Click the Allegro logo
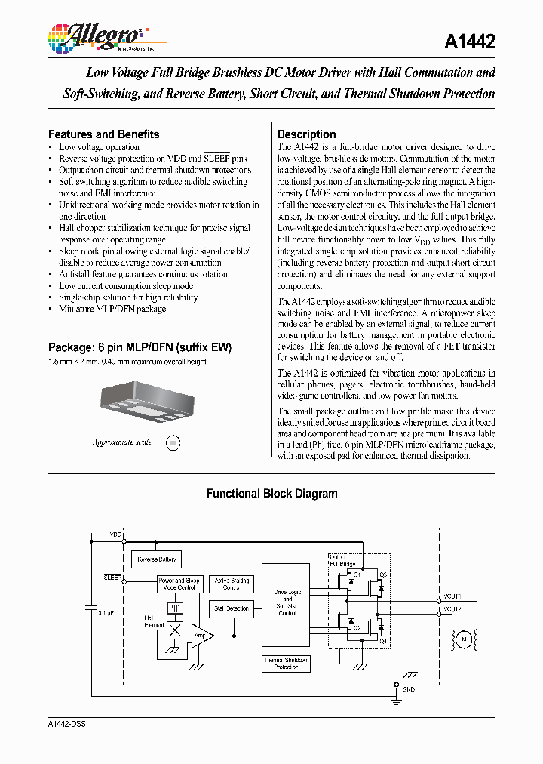[95, 35]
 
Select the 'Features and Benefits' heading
[103, 134]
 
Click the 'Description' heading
[306, 134]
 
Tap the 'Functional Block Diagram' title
[271, 494]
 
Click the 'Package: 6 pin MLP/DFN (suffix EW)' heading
[140, 347]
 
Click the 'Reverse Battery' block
[157, 559]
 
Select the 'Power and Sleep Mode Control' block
[178, 584]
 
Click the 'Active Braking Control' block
[232, 584]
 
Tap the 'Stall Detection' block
[232, 608]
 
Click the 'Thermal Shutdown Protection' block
[286, 664]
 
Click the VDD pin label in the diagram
[115, 534]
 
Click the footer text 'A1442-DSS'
[66, 723]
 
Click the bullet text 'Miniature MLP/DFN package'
[112, 309]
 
